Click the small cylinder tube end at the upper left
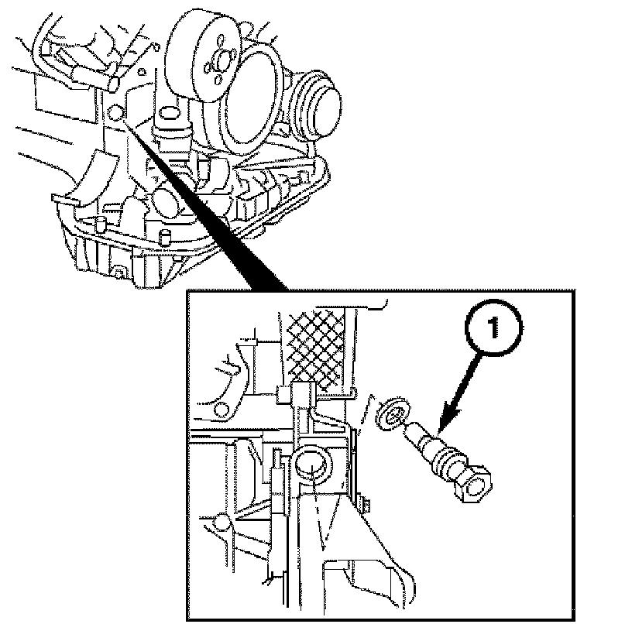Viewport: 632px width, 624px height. point(113,77)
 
